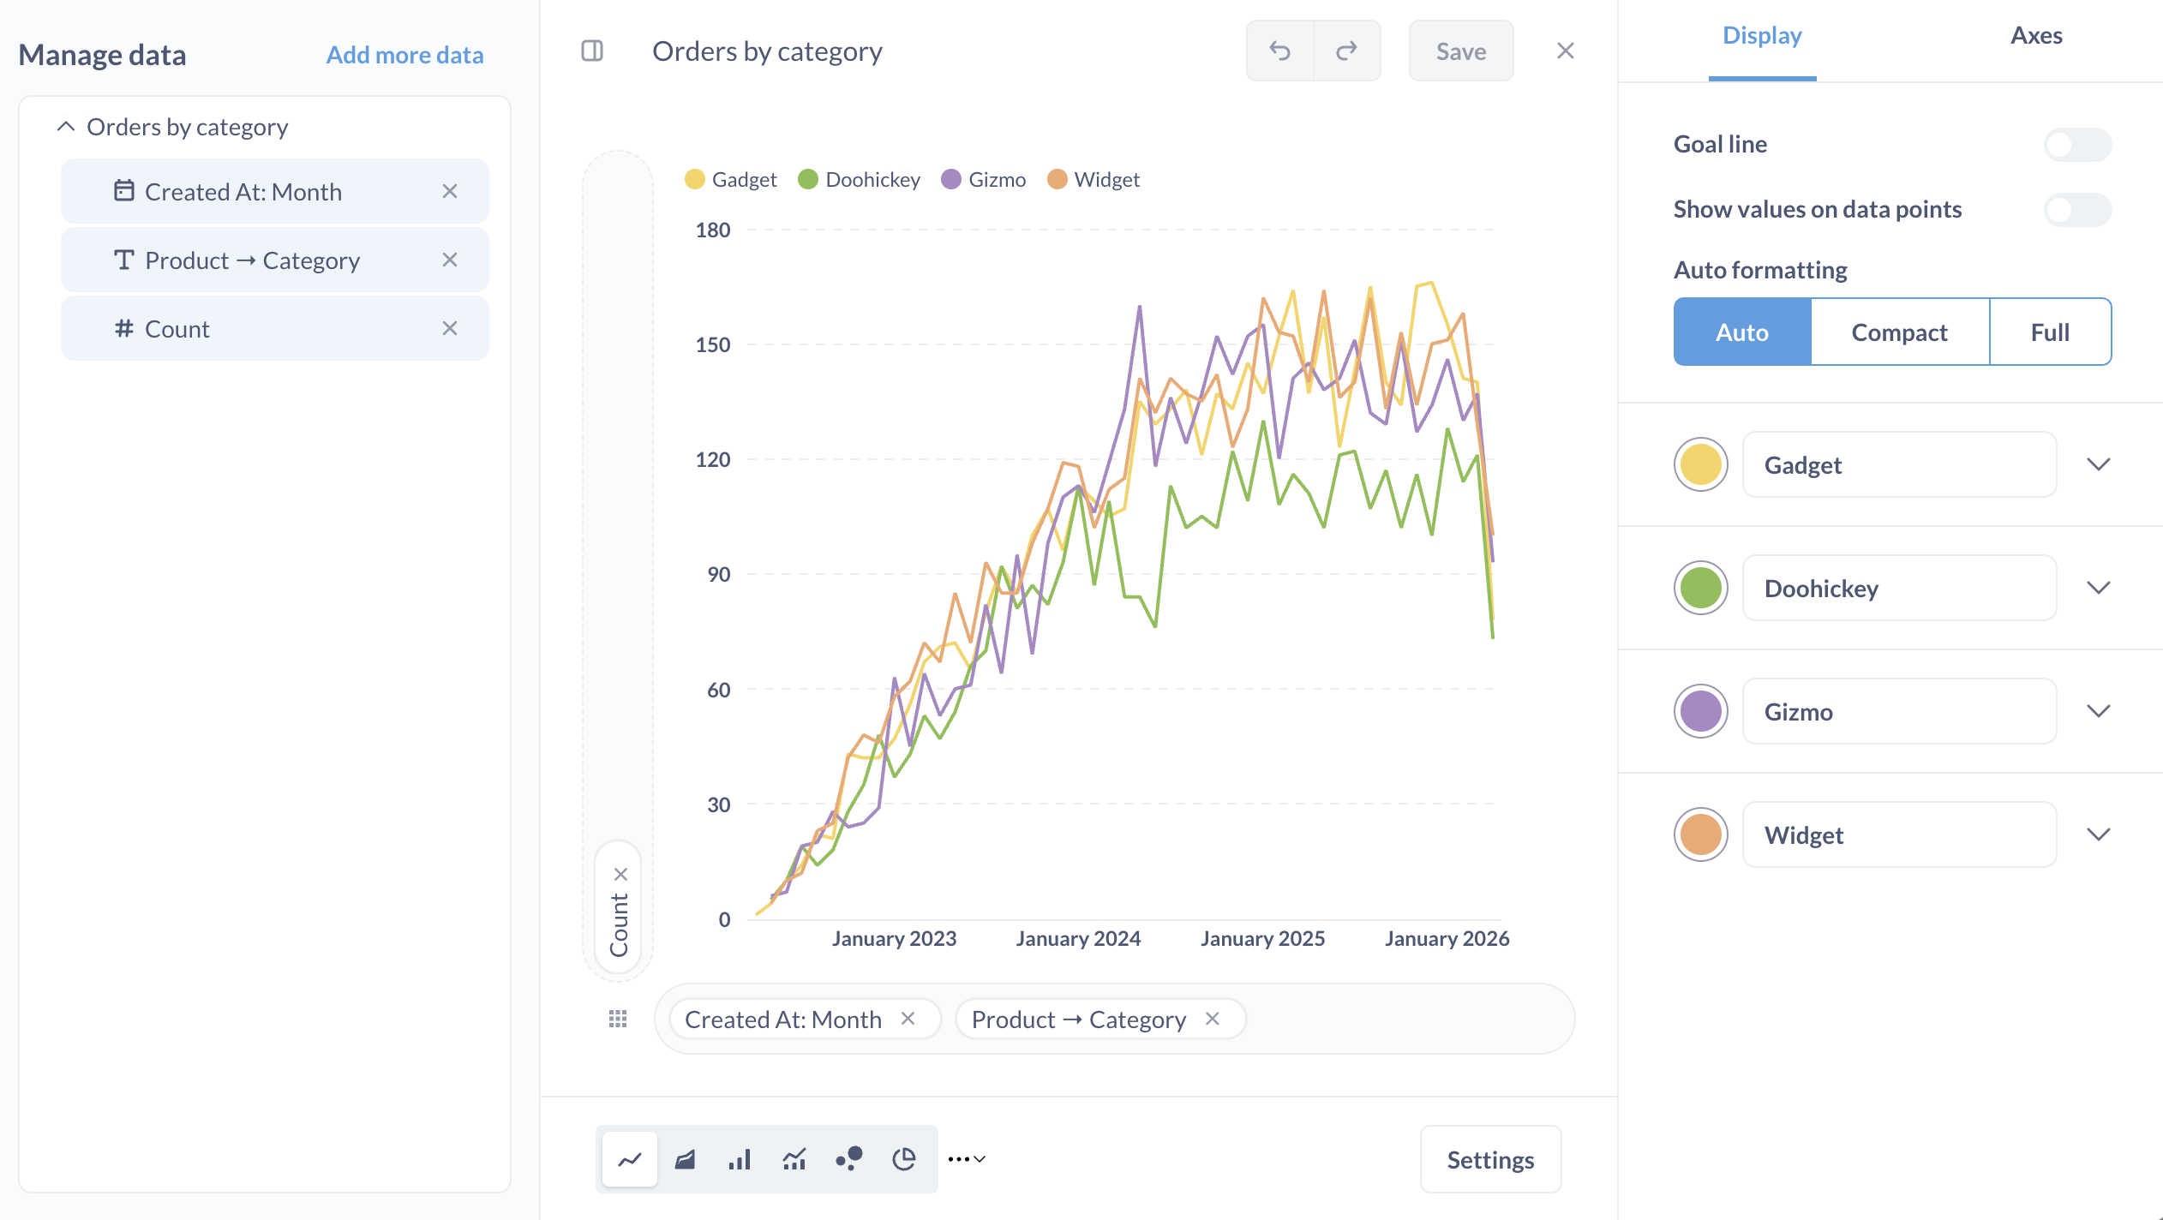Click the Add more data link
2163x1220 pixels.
point(404,55)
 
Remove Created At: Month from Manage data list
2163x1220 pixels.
point(450,191)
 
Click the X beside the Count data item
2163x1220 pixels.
point(450,328)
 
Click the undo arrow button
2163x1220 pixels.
point(1279,51)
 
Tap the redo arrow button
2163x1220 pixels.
point(1346,51)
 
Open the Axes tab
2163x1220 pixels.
point(2036,36)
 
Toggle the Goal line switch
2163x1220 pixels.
point(2077,144)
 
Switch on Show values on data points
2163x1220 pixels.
point(2077,209)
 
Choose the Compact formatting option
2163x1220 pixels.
point(1899,332)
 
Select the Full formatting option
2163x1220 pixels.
point(2050,332)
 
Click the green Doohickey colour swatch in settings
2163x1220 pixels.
point(1701,588)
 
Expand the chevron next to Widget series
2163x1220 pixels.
point(2098,834)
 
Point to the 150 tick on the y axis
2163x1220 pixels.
point(713,345)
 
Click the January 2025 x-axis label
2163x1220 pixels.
point(1262,939)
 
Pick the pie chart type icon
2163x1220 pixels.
point(904,1159)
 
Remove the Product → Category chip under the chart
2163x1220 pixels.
point(1212,1019)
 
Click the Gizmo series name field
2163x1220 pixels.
point(1899,711)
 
